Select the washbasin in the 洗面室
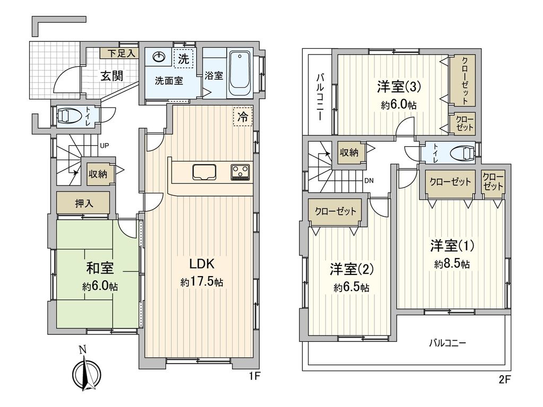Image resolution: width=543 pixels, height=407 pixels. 158,56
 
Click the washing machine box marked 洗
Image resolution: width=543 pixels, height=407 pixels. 183,59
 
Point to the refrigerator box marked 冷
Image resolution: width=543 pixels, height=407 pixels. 243,117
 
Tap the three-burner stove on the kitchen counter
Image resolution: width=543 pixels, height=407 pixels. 240,172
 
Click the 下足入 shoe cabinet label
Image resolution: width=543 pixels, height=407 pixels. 118,54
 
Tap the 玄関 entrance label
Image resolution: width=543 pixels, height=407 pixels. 111,76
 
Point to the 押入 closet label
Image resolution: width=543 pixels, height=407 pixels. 84,203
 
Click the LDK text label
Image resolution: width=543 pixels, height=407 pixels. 202,264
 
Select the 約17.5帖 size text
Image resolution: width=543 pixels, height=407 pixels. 202,282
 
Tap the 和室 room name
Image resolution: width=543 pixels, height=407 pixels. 100,268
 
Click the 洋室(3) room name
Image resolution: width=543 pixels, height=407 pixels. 399,87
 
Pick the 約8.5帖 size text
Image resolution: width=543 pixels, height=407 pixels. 452,264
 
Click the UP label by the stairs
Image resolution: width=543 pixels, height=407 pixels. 104,146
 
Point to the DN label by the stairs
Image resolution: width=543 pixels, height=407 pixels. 369,180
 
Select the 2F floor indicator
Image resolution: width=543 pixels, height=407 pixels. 505,379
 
